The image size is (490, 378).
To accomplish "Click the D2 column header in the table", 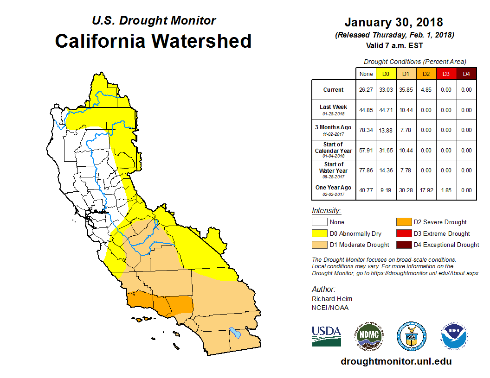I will (x=426, y=74).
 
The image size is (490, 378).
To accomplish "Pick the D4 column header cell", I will (x=466, y=74).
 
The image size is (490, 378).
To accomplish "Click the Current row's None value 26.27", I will (x=366, y=90).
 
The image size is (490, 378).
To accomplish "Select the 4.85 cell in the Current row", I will (x=426, y=90).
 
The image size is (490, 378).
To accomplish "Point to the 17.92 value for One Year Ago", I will (x=426, y=190).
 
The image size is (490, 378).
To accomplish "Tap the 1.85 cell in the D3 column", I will (x=446, y=190).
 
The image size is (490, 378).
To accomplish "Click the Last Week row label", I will (x=334, y=109).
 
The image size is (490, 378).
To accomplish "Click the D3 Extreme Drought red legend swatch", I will (x=402, y=233).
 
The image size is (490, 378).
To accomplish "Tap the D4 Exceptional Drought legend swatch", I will (x=402, y=245).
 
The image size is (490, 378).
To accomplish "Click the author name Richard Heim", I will (x=332, y=299).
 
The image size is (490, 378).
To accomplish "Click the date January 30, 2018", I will (x=394, y=22).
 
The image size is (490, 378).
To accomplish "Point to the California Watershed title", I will (x=153, y=41).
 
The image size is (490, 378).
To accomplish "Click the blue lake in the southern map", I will (x=235, y=333).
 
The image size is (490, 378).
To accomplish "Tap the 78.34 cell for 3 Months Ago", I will (x=366, y=130).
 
